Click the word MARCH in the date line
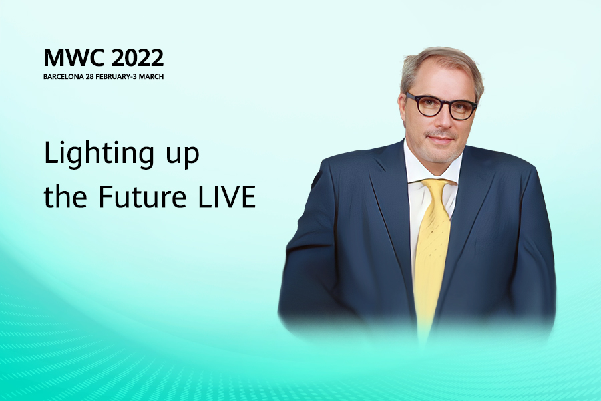coord(151,76)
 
